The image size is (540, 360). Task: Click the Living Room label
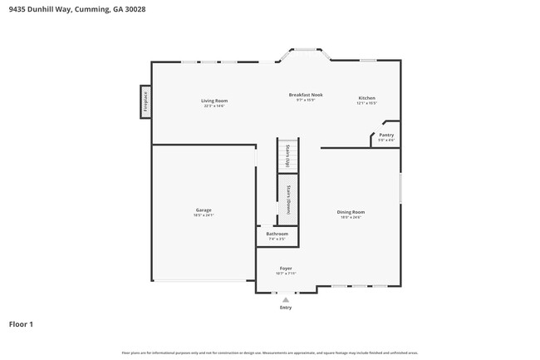(214, 101)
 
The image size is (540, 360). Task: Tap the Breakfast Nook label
(306, 95)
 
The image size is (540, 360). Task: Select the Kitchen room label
(366, 97)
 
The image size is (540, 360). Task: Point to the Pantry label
(386, 135)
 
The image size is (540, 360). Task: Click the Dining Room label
(351, 212)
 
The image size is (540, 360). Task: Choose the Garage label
(204, 210)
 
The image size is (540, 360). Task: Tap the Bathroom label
(277, 234)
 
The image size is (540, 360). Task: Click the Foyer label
(286, 269)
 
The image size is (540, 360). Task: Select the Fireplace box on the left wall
(145, 101)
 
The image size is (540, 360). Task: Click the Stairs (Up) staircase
(287, 155)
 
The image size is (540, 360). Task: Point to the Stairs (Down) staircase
(287, 200)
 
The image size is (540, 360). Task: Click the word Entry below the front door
(286, 307)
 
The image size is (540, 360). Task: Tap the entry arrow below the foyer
(286, 298)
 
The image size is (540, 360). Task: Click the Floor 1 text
(21, 323)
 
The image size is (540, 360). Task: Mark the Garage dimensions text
(204, 215)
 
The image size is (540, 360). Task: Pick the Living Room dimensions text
(214, 106)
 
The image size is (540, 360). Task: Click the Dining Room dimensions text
(351, 218)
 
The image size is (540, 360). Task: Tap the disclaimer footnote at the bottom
(270, 353)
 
